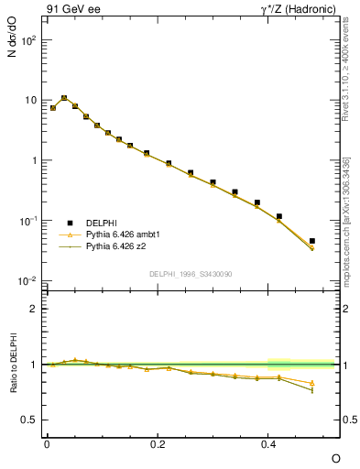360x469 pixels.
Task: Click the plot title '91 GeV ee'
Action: click(69, 9)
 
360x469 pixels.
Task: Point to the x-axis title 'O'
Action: click(335, 457)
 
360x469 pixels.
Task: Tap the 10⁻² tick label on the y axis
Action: click(27, 280)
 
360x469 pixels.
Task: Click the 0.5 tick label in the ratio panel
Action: click(29, 420)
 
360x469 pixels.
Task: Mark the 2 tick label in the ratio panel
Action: click(33, 309)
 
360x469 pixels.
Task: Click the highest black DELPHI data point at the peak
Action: click(64, 98)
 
